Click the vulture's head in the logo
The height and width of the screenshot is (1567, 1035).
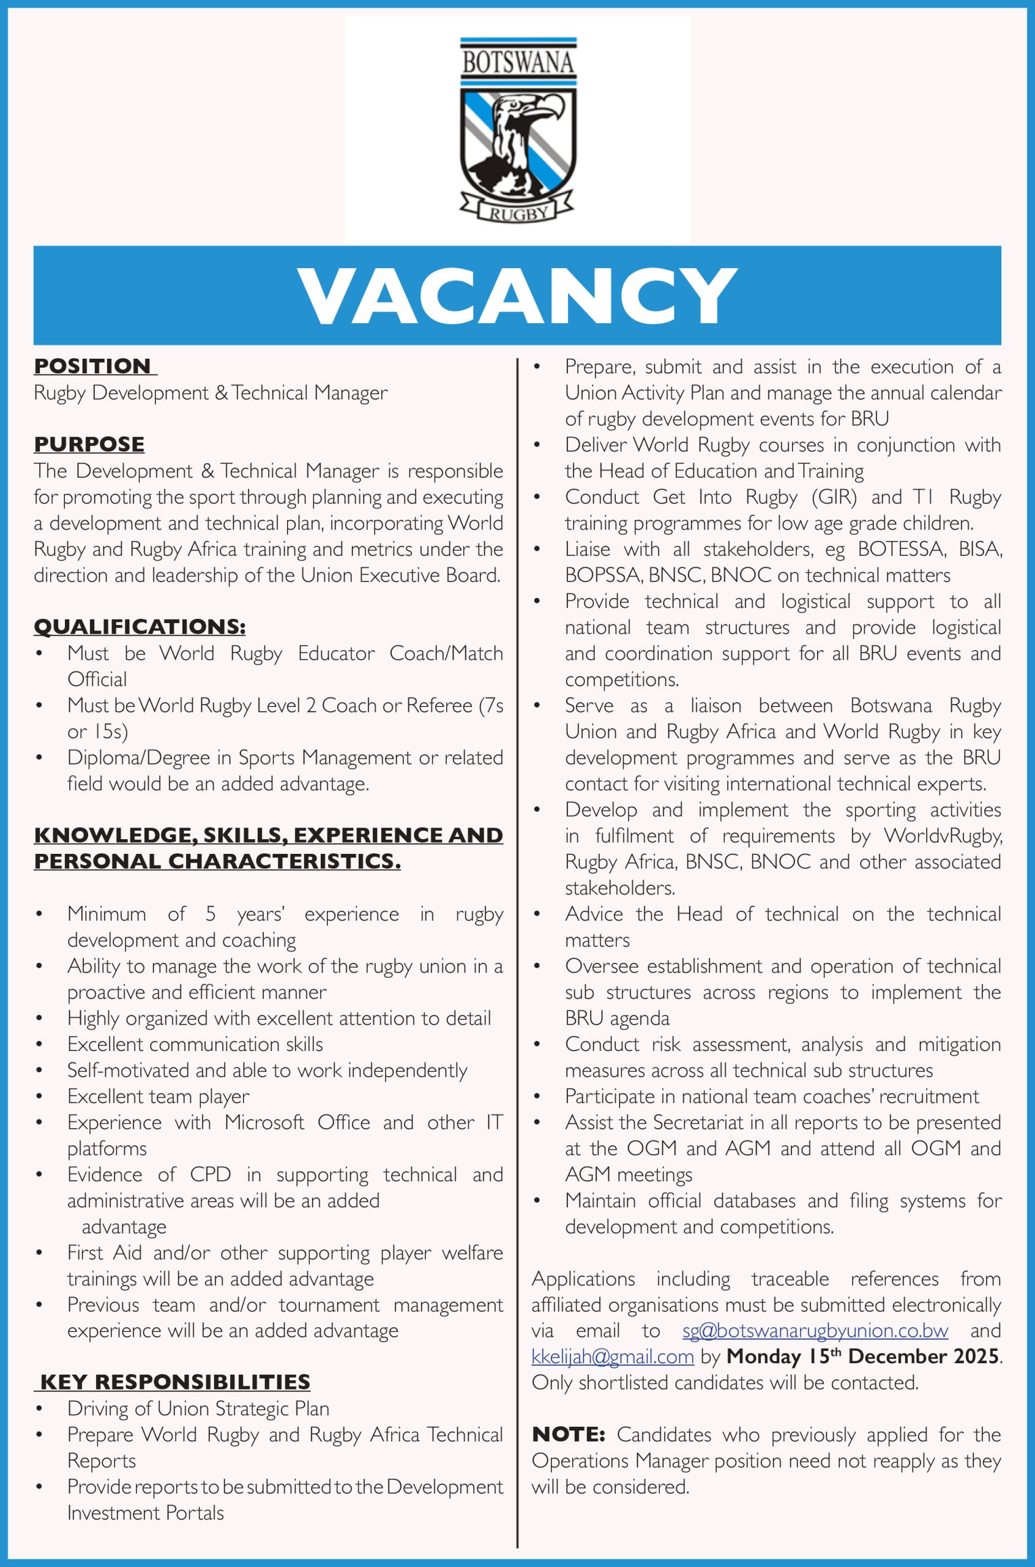pyautogui.click(x=528, y=109)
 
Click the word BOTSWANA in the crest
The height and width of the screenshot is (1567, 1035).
pyautogui.click(x=518, y=62)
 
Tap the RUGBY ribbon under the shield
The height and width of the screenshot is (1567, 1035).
pyautogui.click(x=518, y=212)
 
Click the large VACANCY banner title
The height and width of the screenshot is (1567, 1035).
pyautogui.click(x=518, y=296)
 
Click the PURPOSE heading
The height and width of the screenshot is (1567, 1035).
pyautogui.click(x=89, y=444)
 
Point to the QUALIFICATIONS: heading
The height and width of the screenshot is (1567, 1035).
pyautogui.click(x=140, y=626)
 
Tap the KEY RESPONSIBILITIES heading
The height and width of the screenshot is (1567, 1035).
pyautogui.click(x=175, y=1382)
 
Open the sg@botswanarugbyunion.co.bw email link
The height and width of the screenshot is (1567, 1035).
pyautogui.click(x=815, y=1330)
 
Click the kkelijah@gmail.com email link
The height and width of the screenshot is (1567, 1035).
pyautogui.click(x=613, y=1356)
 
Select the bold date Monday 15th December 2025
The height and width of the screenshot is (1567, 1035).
pyautogui.click(x=863, y=1356)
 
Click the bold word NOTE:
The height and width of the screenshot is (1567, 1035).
pyautogui.click(x=569, y=1434)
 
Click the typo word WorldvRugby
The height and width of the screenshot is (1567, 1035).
pyautogui.click(x=943, y=836)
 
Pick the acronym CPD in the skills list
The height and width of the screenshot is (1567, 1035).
pyautogui.click(x=210, y=1174)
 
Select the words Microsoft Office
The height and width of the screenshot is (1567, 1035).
pyautogui.click(x=297, y=1122)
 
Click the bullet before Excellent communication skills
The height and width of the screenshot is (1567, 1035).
pyautogui.click(x=40, y=1045)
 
